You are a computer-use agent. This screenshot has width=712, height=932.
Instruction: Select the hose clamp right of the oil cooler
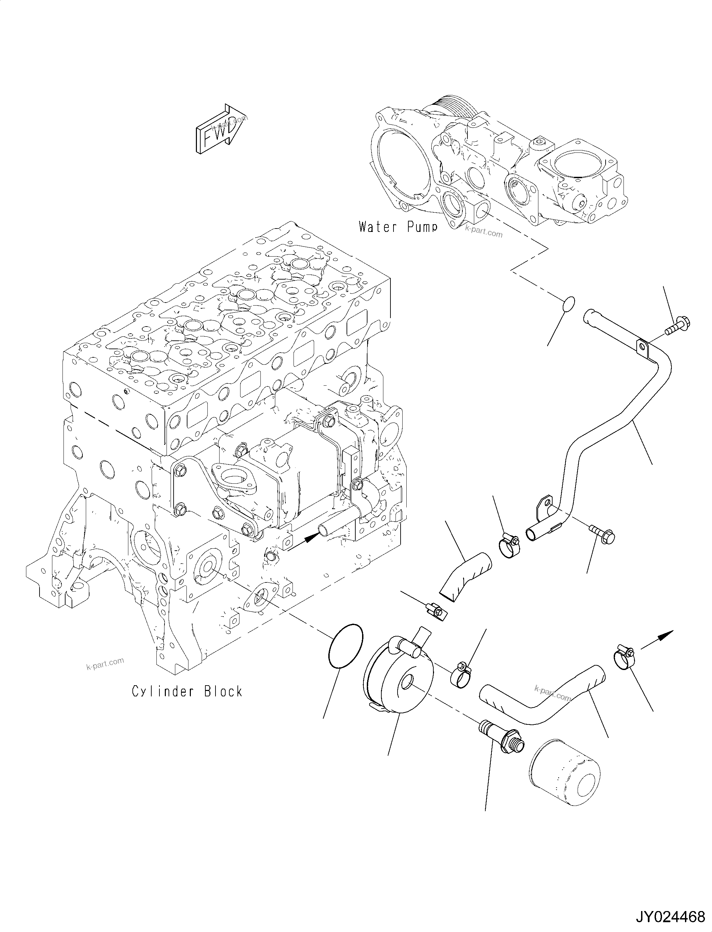pyautogui.click(x=461, y=674)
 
